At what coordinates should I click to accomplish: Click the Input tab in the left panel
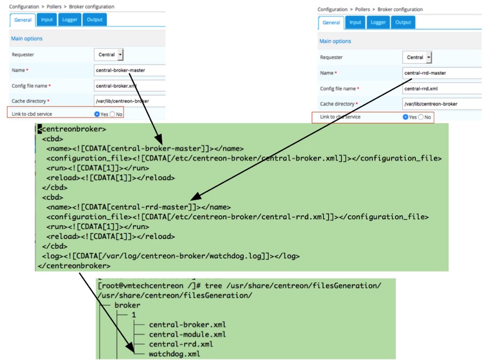click(x=47, y=20)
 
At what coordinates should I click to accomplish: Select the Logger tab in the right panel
click(x=378, y=22)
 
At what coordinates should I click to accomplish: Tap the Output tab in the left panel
click(x=94, y=20)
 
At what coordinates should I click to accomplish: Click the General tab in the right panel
click(x=331, y=22)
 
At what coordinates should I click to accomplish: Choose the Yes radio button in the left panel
click(x=96, y=114)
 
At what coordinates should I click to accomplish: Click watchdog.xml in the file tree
click(x=174, y=354)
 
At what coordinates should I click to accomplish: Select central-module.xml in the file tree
click(x=180, y=334)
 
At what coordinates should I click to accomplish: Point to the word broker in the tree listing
click(x=127, y=305)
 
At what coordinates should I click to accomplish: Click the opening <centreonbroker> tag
click(x=72, y=129)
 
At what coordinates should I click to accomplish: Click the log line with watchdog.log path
click(x=170, y=256)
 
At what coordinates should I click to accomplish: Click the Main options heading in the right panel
click(x=335, y=41)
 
